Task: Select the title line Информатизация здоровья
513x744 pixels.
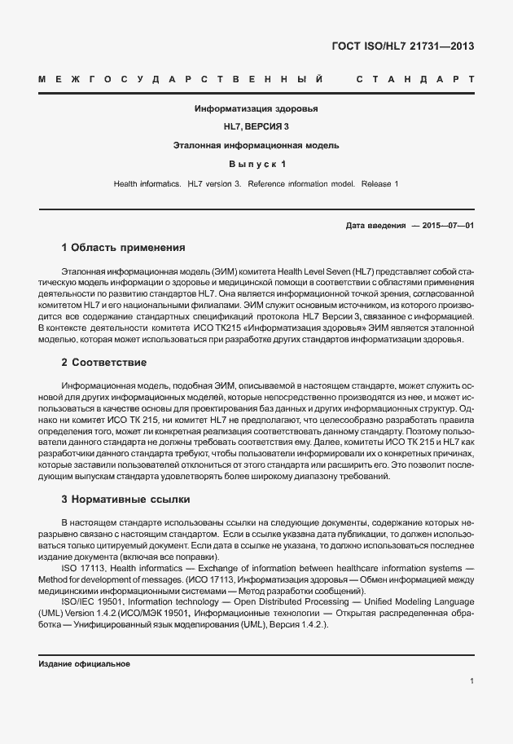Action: click(256, 108)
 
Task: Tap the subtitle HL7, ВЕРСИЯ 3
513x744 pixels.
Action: click(256, 127)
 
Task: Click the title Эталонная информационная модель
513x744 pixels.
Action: click(256, 146)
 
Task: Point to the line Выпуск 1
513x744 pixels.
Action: click(256, 165)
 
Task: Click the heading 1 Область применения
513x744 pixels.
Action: click(124, 247)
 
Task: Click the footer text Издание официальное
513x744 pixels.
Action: click(85, 664)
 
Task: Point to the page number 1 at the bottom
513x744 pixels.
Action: click(472, 681)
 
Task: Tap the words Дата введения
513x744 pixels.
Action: click(375, 225)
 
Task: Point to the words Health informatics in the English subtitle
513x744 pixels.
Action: click(147, 184)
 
